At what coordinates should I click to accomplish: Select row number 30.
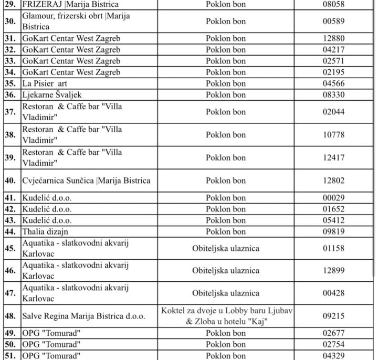[x=10, y=22]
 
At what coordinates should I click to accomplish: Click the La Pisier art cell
[x=45, y=83]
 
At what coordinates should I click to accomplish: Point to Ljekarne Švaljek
[x=52, y=94]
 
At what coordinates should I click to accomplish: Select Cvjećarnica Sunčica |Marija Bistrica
[x=86, y=181]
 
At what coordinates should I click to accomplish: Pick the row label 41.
[x=10, y=198]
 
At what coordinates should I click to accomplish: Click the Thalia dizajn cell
[x=46, y=231]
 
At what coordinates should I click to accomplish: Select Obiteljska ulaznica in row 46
[x=226, y=270]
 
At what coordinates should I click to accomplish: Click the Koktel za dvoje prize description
[x=226, y=316]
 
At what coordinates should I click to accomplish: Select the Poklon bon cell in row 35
[x=226, y=83]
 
